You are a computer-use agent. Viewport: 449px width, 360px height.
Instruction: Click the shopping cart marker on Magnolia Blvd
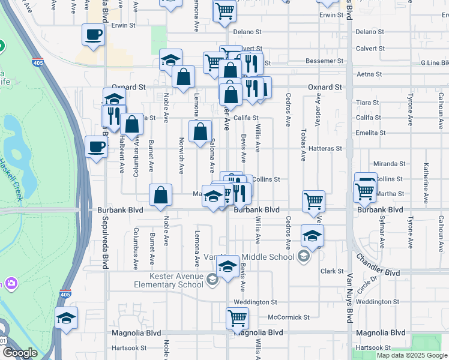238,318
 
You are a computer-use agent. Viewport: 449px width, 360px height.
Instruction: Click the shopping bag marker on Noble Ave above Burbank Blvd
161,195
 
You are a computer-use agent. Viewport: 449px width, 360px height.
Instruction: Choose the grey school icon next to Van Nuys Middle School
304,257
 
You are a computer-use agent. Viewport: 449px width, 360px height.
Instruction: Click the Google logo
19,352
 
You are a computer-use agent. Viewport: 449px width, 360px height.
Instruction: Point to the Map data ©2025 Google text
412,355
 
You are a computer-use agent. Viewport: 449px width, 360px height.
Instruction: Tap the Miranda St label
389,164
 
